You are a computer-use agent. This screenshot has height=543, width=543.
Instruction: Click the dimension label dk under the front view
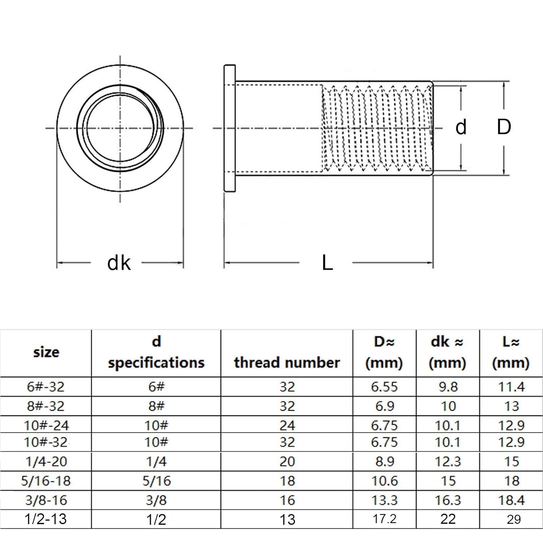pyautogui.click(x=119, y=263)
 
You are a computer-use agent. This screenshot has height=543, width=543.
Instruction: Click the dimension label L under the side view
pyautogui.click(x=327, y=263)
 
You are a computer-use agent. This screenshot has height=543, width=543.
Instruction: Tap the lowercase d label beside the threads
pyautogui.click(x=461, y=127)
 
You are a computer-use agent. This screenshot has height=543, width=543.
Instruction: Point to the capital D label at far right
pyautogui.click(x=504, y=127)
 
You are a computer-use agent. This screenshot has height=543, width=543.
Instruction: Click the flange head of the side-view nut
pyautogui.click(x=230, y=129)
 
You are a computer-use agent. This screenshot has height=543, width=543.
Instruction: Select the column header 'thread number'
pyautogui.click(x=287, y=362)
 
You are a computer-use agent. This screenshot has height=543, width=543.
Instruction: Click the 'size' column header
pyautogui.click(x=46, y=352)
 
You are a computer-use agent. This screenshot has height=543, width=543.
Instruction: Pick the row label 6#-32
pyautogui.click(x=46, y=387)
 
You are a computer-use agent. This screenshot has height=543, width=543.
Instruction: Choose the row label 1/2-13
pyautogui.click(x=46, y=519)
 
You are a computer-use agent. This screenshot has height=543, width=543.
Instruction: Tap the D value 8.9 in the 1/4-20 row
pyautogui.click(x=384, y=462)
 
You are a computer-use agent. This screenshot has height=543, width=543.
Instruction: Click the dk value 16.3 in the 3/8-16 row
pyautogui.click(x=448, y=500)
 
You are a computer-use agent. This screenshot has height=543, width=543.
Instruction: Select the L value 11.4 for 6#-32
pyautogui.click(x=511, y=387)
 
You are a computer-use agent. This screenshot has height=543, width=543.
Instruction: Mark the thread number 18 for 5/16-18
pyautogui.click(x=287, y=481)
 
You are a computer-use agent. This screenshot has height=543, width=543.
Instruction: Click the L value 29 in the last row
pyautogui.click(x=514, y=519)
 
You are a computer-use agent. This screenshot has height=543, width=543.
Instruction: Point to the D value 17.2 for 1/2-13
pyautogui.click(x=384, y=519)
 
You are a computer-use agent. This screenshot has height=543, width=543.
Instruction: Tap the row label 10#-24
pyautogui.click(x=46, y=425)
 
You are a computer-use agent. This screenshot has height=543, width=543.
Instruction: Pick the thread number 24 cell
pyautogui.click(x=287, y=425)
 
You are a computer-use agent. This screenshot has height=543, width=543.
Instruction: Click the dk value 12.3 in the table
pyautogui.click(x=448, y=462)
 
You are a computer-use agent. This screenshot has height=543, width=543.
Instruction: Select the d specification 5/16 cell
pyautogui.click(x=156, y=481)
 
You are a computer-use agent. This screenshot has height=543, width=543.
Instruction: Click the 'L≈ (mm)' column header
pyautogui.click(x=511, y=352)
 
